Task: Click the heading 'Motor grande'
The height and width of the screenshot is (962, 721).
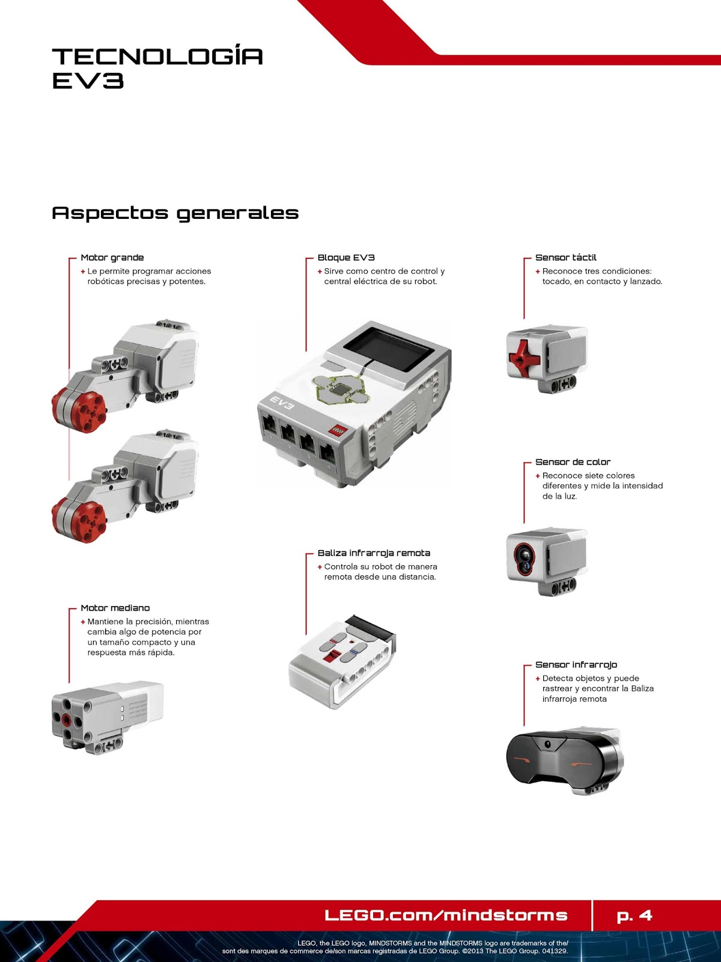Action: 112,257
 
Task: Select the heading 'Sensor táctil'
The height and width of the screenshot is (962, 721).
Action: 565,257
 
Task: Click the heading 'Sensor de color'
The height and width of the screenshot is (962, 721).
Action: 573,462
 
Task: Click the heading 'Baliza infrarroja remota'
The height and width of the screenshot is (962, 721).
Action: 374,553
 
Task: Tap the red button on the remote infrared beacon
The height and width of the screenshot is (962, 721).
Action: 329,657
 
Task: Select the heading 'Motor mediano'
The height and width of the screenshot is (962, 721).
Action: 115,608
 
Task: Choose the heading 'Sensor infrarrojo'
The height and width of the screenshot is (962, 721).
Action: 576,664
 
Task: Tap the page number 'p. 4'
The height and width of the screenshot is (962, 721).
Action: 634,916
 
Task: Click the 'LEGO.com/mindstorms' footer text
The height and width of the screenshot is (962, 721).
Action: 446,916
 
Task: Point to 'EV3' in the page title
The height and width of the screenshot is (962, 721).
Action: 88,81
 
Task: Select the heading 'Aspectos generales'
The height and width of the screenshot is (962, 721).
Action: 175,213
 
